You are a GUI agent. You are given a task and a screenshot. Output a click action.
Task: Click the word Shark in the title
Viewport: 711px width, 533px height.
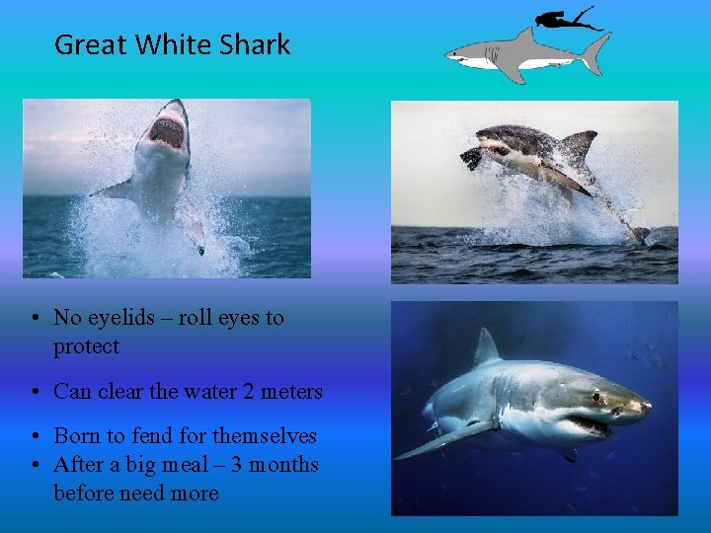[x=255, y=45]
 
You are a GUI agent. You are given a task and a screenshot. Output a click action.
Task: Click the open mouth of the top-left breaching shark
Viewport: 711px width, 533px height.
[x=168, y=132]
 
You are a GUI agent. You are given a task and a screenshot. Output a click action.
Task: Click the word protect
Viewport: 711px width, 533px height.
[x=86, y=346]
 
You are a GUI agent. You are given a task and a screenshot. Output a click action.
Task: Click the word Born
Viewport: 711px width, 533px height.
[x=77, y=436]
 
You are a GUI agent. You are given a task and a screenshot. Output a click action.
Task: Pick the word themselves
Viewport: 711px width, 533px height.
[x=266, y=436]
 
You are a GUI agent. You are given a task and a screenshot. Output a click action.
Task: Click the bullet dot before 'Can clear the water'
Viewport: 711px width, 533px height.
[x=34, y=392]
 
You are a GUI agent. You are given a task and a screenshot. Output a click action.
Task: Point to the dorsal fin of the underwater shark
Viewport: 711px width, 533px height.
[x=486, y=348]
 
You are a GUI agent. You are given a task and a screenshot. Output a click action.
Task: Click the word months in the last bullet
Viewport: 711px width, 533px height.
[x=280, y=464]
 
